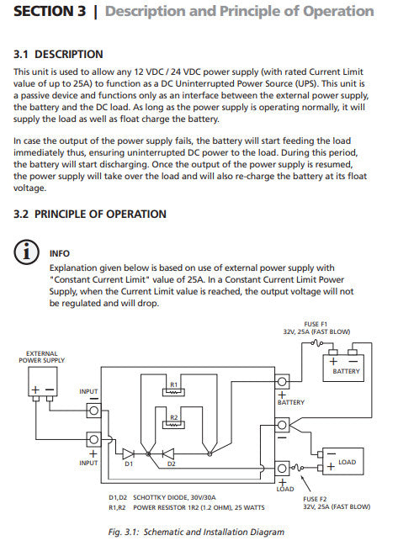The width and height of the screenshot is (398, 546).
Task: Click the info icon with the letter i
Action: click(x=26, y=252)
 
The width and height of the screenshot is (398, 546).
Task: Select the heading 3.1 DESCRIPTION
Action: click(x=58, y=55)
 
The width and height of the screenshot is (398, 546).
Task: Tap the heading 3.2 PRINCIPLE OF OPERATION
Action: click(x=90, y=214)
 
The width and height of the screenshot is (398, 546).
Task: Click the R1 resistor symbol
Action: click(x=173, y=392)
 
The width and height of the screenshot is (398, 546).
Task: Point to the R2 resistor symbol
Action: click(x=173, y=425)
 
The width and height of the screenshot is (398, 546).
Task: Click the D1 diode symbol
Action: click(x=128, y=453)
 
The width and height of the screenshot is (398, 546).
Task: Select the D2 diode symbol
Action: click(x=168, y=453)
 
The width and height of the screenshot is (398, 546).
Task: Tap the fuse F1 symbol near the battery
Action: click(x=316, y=343)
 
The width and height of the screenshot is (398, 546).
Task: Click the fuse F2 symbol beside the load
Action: click(x=297, y=467)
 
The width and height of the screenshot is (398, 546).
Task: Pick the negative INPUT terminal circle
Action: click(x=93, y=411)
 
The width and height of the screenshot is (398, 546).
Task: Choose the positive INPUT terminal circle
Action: click(x=93, y=439)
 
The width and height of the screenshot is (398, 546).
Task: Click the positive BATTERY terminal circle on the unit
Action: click(x=282, y=382)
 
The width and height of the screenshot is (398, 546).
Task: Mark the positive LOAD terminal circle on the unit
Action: click(x=282, y=469)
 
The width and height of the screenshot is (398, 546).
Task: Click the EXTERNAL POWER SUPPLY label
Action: click(x=42, y=357)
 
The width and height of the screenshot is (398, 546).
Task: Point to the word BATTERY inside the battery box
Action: click(x=346, y=371)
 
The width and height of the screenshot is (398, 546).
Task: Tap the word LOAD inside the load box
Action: click(x=348, y=462)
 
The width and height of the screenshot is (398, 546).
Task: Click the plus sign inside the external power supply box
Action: click(x=35, y=390)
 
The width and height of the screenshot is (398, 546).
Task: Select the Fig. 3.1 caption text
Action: click(x=196, y=532)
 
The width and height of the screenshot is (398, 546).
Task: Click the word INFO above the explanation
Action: click(x=60, y=253)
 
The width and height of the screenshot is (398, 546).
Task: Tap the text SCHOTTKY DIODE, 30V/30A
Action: click(x=174, y=497)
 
